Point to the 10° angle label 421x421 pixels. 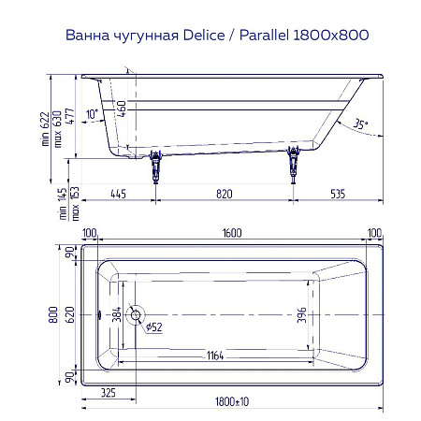point(91,114)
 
